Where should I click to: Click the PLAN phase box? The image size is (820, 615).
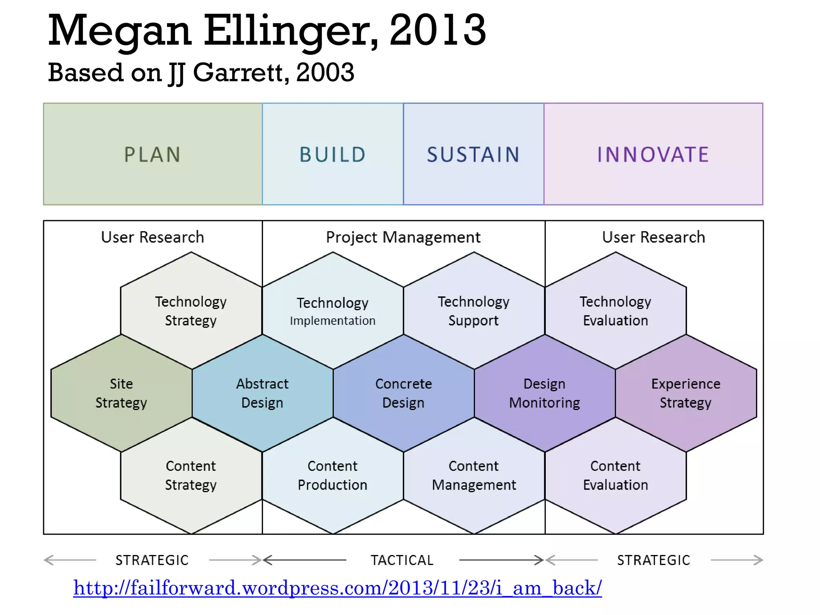[153, 154]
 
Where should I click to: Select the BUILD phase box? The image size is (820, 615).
[333, 154]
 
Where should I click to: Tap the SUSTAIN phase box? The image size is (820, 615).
[473, 154]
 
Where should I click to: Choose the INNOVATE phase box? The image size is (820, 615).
[653, 154]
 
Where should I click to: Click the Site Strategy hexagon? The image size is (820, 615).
[121, 393]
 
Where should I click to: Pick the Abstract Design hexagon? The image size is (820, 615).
[262, 393]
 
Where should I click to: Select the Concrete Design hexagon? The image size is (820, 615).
[404, 393]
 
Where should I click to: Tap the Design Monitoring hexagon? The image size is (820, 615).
[545, 393]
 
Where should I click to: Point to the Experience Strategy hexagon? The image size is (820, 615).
[686, 393]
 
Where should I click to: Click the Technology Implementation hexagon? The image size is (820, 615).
[333, 311]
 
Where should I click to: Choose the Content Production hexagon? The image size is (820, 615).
[333, 475]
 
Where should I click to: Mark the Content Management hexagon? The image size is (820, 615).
[474, 475]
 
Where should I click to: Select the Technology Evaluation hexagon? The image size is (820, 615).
[615, 311]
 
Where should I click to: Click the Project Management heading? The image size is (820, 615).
[403, 237]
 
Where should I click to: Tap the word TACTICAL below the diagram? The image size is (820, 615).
[402, 560]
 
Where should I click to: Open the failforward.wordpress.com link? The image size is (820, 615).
[337, 588]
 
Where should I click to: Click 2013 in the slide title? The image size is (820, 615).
[437, 30]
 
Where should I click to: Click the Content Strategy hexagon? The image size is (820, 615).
[191, 475]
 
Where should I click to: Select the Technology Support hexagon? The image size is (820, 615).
[474, 311]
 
